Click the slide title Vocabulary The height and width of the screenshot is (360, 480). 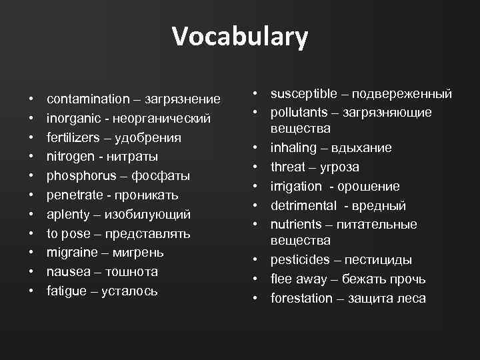(x=240, y=37)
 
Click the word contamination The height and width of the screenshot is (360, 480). (x=88, y=99)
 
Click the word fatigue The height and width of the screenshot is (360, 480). (x=67, y=291)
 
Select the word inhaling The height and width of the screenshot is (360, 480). (x=293, y=147)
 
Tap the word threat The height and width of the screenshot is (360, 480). (x=287, y=167)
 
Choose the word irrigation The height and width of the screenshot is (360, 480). (x=295, y=186)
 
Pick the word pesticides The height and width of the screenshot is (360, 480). (x=299, y=259)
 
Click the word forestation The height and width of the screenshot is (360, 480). (x=301, y=298)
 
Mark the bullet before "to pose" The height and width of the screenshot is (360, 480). (x=31, y=234)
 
